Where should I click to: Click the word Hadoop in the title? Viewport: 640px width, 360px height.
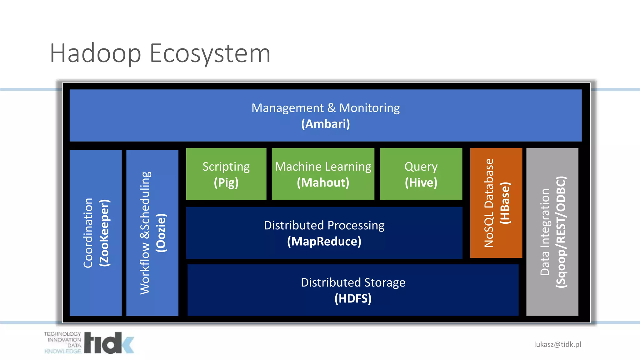coord(95,54)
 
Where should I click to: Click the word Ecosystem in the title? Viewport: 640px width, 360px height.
coord(210,54)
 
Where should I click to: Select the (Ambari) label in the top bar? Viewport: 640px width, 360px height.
coord(325,124)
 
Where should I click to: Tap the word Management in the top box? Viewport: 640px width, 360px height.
coord(287,108)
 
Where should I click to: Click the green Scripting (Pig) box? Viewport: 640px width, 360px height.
coord(226,174)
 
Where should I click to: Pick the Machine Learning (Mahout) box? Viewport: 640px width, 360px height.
coord(323,174)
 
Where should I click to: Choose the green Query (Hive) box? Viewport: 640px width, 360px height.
coord(421,174)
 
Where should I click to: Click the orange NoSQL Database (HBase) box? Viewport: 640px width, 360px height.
coord(496,203)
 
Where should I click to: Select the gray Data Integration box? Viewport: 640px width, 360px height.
coord(552,232)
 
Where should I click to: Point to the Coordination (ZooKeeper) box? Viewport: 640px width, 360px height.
coord(95,233)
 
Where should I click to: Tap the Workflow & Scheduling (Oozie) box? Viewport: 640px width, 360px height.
coord(152,233)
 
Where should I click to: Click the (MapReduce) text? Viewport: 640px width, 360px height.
coord(324,242)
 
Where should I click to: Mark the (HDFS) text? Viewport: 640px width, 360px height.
coord(353,298)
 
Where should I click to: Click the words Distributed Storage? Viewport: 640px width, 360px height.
coord(353,282)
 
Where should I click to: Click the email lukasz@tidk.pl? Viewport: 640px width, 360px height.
coord(557,344)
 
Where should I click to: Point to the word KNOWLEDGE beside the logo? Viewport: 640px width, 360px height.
coord(63,351)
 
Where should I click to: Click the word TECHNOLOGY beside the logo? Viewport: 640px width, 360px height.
coord(62,334)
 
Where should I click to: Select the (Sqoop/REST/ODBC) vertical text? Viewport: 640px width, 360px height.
coord(561,232)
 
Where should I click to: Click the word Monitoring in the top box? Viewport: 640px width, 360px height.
coord(369,108)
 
